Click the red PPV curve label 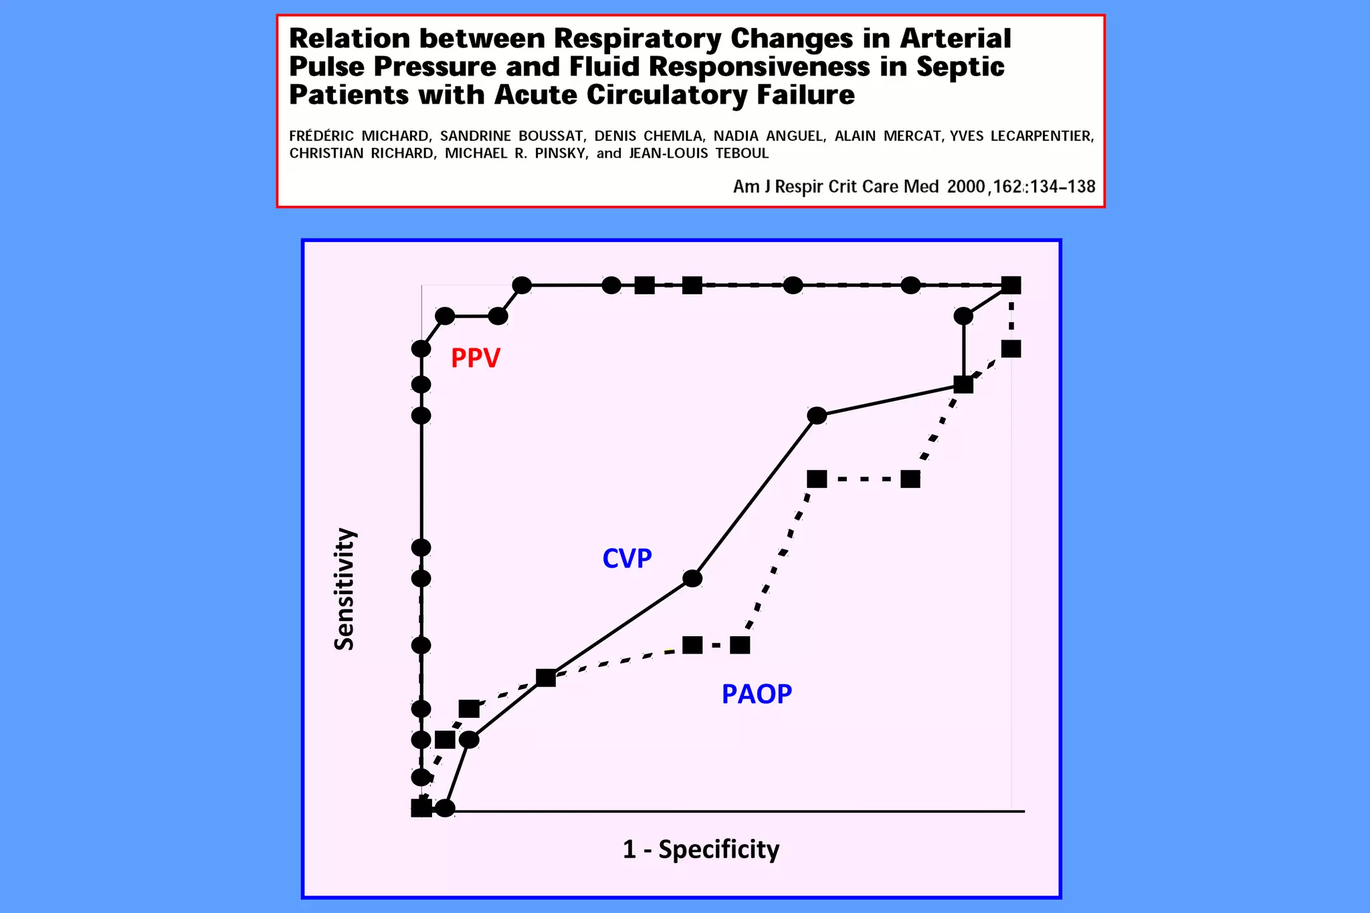pos(475,358)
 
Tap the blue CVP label pos(627,558)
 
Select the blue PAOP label pos(757,694)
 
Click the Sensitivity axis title pos(345,589)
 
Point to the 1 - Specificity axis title pos(701,849)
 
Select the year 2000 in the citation pos(966,186)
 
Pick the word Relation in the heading pos(349,39)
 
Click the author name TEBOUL pos(742,153)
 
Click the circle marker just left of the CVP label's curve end pos(692,578)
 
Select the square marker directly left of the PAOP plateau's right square pos(692,645)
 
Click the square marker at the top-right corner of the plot pos(1011,285)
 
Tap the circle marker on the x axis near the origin pos(446,808)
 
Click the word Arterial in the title pos(955,39)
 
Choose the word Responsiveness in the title pos(759,67)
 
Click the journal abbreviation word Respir pos(799,186)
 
